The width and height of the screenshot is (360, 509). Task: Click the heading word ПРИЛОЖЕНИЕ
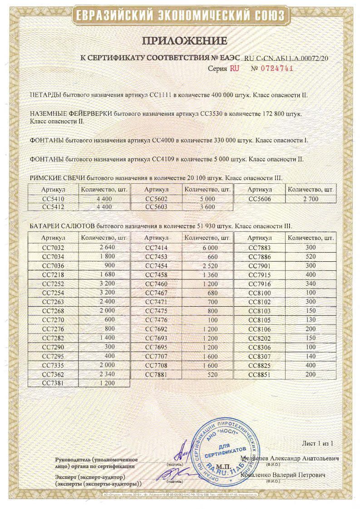[x=184, y=41]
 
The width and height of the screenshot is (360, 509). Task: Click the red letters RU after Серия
[x=234, y=69]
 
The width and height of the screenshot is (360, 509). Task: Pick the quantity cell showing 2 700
[x=311, y=199]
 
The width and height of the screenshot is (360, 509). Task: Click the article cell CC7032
[x=53, y=248]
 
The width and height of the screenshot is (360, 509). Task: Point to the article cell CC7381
[x=53, y=382]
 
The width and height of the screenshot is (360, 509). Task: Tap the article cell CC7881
[x=156, y=374]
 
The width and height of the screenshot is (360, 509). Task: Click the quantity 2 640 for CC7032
[x=105, y=248]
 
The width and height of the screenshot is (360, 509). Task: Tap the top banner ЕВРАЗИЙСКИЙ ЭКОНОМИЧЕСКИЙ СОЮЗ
[x=180, y=16]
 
